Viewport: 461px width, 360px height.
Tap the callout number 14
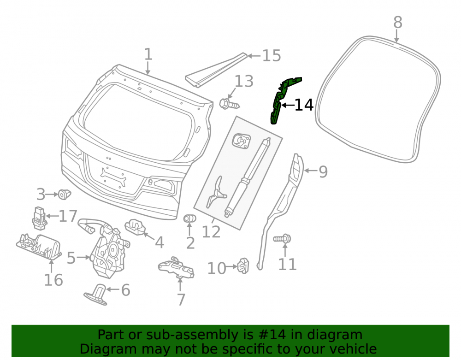coord(304,105)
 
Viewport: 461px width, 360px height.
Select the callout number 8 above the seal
coord(397,22)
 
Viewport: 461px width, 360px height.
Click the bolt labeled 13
coord(229,104)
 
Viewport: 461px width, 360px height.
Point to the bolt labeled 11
coord(282,238)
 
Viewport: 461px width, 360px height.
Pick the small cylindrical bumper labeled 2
coord(189,218)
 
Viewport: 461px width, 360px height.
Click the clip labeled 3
coord(64,194)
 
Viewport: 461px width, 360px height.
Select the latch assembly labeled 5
coord(106,248)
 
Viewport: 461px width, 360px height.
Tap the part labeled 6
coord(97,295)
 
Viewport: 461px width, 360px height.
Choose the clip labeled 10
coord(244,266)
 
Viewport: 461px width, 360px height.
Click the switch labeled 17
coord(39,218)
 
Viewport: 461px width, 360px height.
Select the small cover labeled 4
coord(135,227)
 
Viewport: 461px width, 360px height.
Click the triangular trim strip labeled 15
coord(216,70)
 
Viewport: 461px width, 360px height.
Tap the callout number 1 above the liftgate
coord(148,54)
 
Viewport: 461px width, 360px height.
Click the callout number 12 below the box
coord(211,232)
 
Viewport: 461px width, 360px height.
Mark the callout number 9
coord(323,171)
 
